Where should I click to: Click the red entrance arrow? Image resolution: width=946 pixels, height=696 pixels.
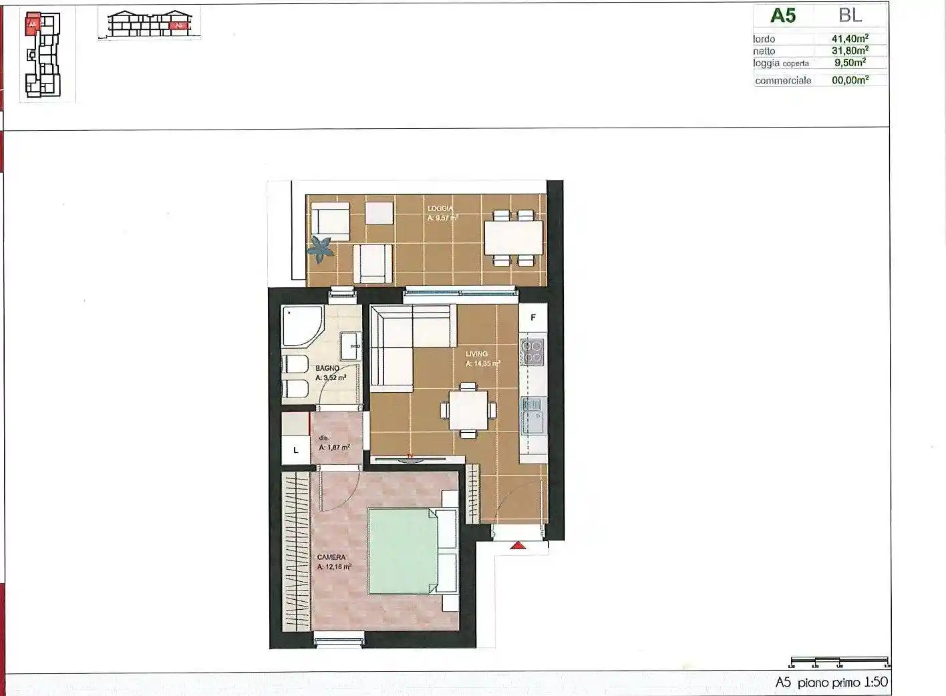[x=518, y=546]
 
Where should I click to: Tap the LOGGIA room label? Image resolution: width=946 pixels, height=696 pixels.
[x=440, y=208]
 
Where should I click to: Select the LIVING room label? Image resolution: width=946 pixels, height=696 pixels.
[x=477, y=354]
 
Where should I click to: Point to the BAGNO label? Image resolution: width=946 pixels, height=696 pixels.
[x=327, y=368]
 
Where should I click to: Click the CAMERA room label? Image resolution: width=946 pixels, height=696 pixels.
[x=331, y=557]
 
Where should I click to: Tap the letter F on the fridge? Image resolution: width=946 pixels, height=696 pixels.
[x=533, y=318]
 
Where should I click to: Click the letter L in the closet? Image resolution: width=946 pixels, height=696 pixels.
[x=296, y=451]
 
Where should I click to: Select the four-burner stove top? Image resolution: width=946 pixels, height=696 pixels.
[x=532, y=351]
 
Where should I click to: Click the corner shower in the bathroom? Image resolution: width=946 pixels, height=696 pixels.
[x=301, y=326]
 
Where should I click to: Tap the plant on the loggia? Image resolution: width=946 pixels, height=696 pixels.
[x=321, y=249]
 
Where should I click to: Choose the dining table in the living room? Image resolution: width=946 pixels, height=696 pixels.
[x=468, y=410]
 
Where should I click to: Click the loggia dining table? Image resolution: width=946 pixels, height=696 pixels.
[x=513, y=238]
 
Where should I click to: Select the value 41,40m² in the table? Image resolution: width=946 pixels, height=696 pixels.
[x=850, y=39]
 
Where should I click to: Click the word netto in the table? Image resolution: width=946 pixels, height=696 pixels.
[x=764, y=51]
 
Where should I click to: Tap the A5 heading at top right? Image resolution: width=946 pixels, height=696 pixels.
[x=783, y=15]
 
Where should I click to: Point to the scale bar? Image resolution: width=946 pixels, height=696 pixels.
[x=839, y=661]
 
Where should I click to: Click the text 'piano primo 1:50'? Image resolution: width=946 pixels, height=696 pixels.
[x=842, y=683]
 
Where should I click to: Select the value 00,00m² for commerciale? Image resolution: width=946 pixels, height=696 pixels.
[x=850, y=80]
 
